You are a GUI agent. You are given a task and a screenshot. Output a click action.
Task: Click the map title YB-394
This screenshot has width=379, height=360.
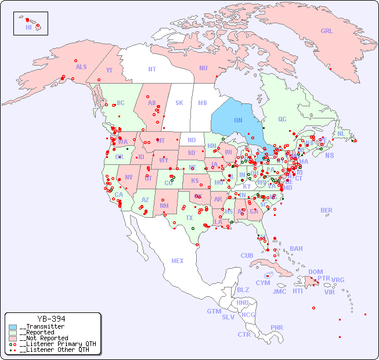[x=51, y=319]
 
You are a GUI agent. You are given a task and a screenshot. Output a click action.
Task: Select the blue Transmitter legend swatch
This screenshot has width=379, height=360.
[x=13, y=327]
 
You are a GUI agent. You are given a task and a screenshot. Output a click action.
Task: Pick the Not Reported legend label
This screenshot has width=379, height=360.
[x=44, y=338]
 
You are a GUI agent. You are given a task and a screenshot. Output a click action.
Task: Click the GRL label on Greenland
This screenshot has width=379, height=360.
[x=327, y=31]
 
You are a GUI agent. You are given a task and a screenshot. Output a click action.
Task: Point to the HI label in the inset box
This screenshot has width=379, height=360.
[x=28, y=27]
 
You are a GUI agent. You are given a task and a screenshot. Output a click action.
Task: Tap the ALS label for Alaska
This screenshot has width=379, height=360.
[x=81, y=67]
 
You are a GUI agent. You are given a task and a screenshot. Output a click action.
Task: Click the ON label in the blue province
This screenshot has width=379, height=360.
[x=238, y=120]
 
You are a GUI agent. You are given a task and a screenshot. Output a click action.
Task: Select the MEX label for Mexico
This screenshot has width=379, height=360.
[x=178, y=261]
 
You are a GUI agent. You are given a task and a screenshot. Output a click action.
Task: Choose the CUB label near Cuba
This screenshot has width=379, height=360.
[x=247, y=255]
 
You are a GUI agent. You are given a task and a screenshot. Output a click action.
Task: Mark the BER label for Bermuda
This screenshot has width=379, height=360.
[x=327, y=210]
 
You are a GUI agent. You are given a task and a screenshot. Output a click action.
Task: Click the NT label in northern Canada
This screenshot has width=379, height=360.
[x=152, y=69]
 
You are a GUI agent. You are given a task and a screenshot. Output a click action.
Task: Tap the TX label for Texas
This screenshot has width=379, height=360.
[x=189, y=218]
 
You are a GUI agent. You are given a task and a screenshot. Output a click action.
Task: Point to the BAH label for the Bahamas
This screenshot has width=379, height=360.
[x=296, y=249]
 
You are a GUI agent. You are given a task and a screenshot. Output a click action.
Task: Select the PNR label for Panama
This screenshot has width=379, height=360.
[x=277, y=327]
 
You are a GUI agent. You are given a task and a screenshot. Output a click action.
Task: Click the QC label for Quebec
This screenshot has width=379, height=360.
[x=282, y=120]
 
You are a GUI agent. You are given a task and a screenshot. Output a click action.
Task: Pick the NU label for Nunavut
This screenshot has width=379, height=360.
[x=203, y=68]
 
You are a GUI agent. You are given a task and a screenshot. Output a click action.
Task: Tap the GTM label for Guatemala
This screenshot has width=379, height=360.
[x=214, y=311]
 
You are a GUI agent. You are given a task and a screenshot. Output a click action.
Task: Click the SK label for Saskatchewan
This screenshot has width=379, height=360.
[x=179, y=103]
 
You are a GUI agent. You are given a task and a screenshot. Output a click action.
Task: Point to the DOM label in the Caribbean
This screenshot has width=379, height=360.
[x=315, y=272]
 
